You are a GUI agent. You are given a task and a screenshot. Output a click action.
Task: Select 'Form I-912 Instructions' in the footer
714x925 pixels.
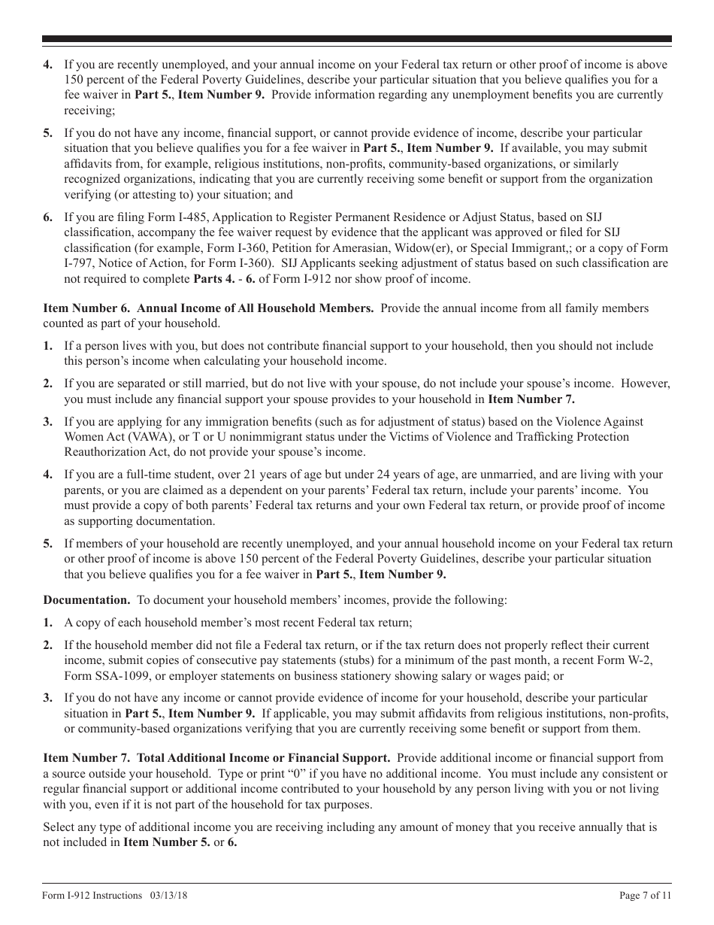(92, 896)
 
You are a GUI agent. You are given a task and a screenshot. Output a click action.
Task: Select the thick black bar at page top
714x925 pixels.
(357, 39)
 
